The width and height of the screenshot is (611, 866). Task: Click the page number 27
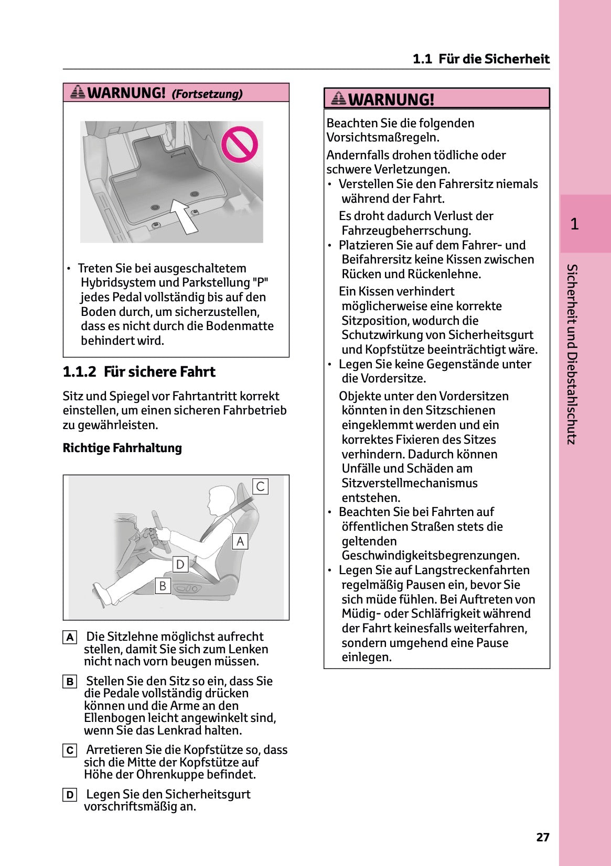(542, 837)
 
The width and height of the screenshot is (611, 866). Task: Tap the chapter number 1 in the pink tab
(574, 224)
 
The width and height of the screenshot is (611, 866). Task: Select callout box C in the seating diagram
(260, 486)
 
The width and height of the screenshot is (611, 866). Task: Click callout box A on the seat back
(240, 541)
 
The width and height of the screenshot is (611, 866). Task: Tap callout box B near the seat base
(163, 586)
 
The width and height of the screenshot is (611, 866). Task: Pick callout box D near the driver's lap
(180, 564)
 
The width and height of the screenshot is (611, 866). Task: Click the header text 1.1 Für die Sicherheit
(480, 59)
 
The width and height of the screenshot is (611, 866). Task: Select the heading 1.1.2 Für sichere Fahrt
(139, 372)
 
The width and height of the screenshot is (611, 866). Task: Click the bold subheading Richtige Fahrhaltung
(122, 448)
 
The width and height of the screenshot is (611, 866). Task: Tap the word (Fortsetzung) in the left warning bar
(207, 94)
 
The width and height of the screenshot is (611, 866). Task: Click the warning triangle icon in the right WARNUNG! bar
(339, 98)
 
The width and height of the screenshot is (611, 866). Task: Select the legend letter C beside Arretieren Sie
(70, 750)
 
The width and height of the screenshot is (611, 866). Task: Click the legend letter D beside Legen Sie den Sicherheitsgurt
(70, 795)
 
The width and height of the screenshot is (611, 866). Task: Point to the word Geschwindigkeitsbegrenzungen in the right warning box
(430, 555)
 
